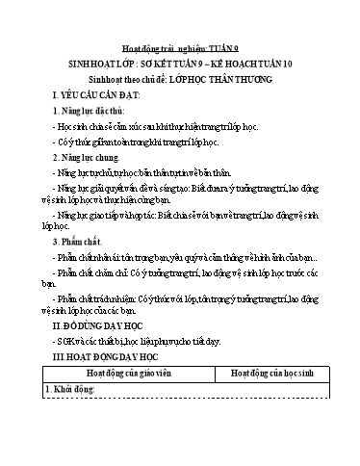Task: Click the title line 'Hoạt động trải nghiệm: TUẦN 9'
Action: pyautogui.click(x=180, y=45)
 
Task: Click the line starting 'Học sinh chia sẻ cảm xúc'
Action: pyautogui.click(x=155, y=125)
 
